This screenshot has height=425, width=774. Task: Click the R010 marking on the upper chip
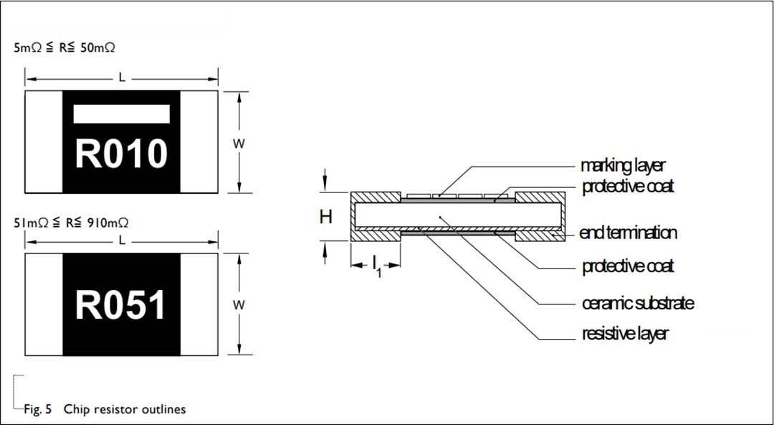[121, 154]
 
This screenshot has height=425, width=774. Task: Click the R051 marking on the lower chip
[121, 305]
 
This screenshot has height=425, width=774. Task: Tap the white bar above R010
[121, 114]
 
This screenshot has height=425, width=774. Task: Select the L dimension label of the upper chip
[122, 78]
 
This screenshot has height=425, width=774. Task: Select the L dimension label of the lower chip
[122, 240]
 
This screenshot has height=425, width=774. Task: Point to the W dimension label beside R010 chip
[239, 143]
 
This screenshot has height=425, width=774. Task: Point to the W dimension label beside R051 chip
[239, 304]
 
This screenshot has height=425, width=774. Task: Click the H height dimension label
[326, 217]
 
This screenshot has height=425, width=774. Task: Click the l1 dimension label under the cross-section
[376, 266]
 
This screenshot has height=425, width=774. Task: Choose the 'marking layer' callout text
[623, 166]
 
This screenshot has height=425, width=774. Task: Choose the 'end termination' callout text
[629, 233]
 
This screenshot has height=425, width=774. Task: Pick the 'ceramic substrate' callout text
[637, 303]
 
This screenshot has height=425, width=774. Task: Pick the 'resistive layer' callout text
[625, 334]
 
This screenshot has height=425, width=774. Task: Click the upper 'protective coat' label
[628, 187]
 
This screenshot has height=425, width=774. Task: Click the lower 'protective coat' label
[628, 266]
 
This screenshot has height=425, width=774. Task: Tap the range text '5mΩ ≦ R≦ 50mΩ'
[64, 48]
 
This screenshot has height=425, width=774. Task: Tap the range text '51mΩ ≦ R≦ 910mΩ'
[72, 223]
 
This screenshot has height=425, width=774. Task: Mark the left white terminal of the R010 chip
[44, 142]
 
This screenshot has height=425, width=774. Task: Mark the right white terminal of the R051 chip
[199, 304]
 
